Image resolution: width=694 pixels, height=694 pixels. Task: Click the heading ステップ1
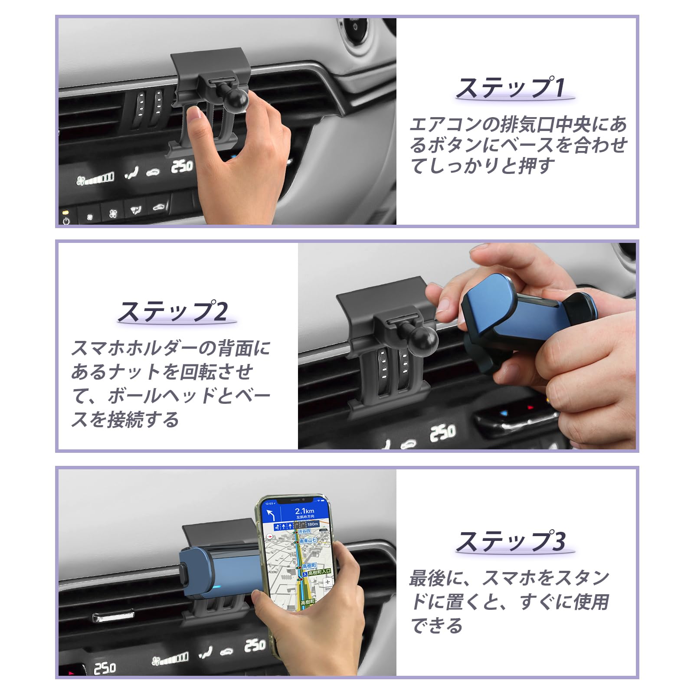pos(511,88)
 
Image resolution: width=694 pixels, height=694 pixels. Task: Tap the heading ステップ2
pos(173,311)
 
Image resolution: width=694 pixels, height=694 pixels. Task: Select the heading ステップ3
pos(511,541)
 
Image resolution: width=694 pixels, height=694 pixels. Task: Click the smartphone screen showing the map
pos(299,564)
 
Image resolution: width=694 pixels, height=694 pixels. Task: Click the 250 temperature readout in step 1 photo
pos(182,166)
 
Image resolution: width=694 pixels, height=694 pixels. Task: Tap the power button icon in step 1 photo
pos(66,221)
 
